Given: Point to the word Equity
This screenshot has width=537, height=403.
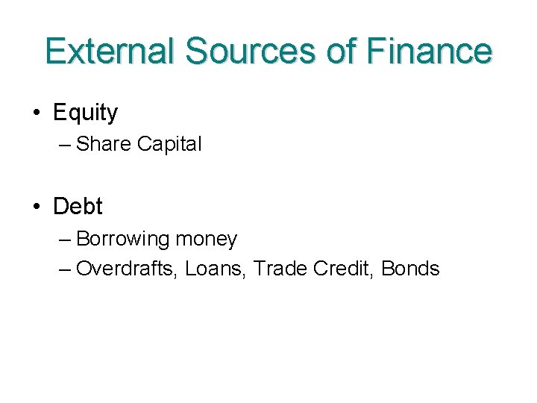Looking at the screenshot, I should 86,113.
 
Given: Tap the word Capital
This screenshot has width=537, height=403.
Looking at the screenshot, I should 169,144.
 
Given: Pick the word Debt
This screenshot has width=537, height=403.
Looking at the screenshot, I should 78,206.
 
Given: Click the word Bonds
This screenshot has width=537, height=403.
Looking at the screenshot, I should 410,269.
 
